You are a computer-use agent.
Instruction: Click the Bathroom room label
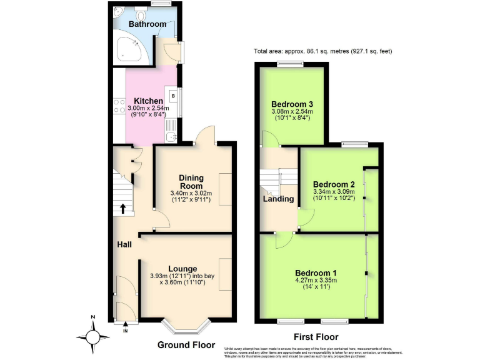point(147,24)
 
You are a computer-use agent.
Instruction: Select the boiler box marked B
point(173,96)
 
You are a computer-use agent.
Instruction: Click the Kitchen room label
point(148,101)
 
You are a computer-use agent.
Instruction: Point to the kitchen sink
point(173,135)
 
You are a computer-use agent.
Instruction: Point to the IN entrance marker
point(125,330)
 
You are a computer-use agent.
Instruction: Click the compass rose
point(93,337)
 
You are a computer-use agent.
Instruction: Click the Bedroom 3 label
point(292,104)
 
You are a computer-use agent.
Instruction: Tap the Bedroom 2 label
point(334,184)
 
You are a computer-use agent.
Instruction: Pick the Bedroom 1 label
point(316,272)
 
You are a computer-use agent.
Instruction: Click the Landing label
point(278,199)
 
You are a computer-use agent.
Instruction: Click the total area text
point(322,51)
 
